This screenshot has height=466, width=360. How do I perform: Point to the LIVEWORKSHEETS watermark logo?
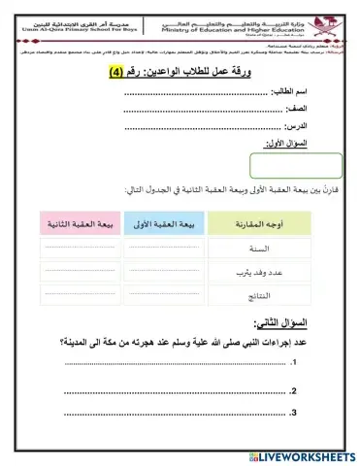[x=300, y=455]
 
